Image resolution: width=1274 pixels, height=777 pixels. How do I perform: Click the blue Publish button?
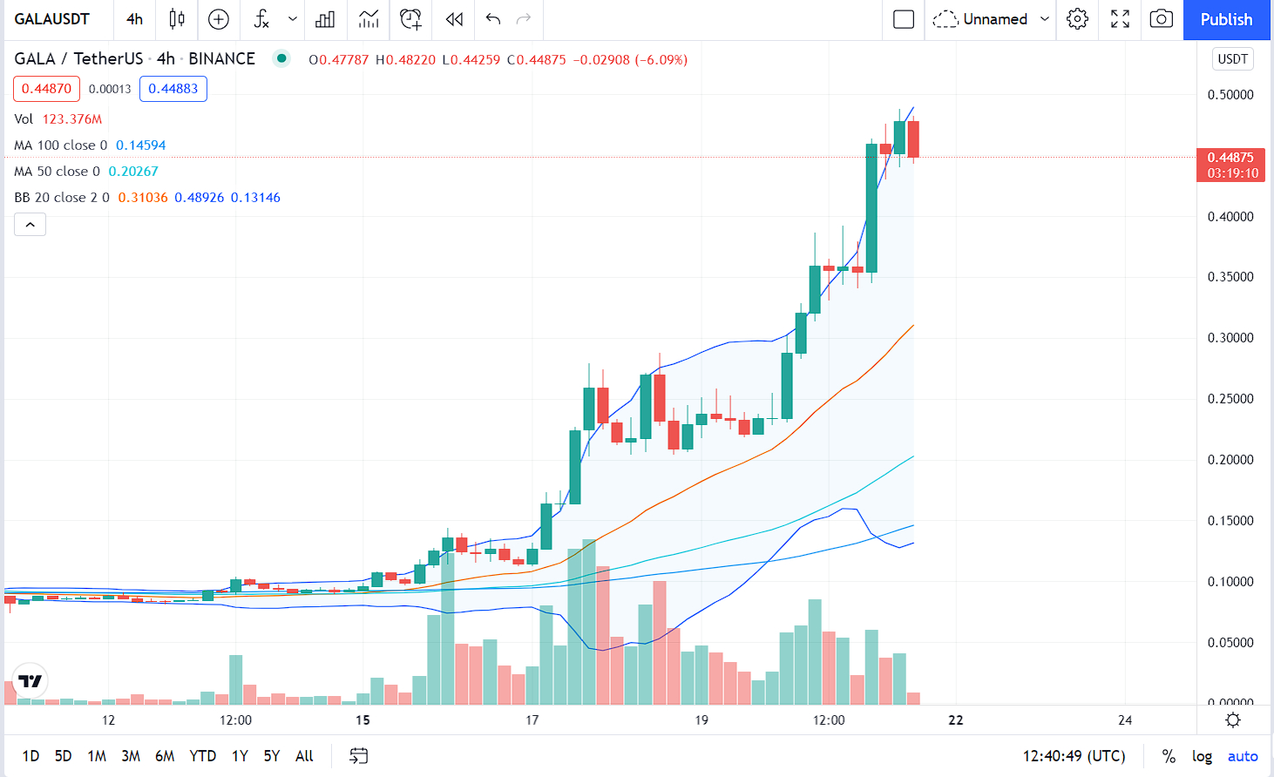coord(1226,19)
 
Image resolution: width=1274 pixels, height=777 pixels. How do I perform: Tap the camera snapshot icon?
coord(1161,19)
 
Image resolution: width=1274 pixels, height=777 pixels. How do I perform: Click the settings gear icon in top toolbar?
coord(1077,19)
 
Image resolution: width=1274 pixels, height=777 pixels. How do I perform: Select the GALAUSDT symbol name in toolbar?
coord(52,19)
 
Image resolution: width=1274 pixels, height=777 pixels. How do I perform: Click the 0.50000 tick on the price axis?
coord(1230,95)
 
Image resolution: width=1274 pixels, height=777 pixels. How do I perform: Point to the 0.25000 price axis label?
coord(1230,399)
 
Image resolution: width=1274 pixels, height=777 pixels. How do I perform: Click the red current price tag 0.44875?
coord(1230,158)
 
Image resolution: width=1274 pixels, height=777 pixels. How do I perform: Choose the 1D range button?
coord(30,756)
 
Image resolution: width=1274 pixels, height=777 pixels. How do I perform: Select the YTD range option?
coord(202,756)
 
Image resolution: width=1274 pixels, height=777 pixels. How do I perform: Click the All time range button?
coord(304,756)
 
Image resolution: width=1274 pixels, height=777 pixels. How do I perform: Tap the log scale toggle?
coord(1202,756)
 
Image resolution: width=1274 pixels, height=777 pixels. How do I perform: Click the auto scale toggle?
coord(1243,756)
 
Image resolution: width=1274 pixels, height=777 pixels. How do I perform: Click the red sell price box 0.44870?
coord(47,89)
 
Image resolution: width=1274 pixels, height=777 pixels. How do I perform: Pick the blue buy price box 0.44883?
coord(173,89)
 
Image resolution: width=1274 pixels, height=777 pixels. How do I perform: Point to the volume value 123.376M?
coord(72,119)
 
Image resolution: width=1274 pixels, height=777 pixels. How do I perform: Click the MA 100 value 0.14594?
coord(141,145)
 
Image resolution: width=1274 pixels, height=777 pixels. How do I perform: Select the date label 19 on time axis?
coord(701,720)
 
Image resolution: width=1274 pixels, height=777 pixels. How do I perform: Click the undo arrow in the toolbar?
coord(493,19)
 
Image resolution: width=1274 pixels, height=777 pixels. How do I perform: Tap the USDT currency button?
coord(1232,59)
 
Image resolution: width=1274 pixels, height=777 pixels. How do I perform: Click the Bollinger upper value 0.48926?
coord(200,198)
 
